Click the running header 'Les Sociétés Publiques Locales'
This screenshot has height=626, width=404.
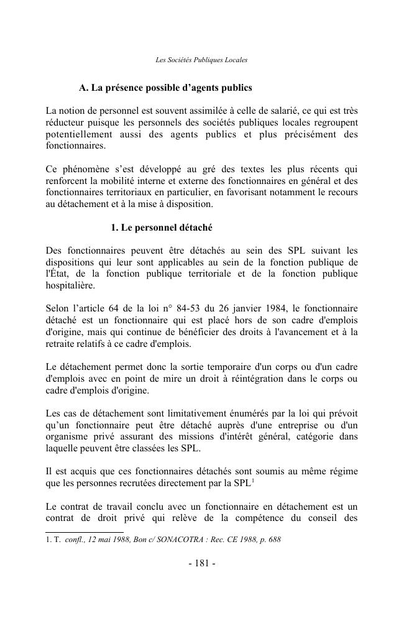(x=201, y=60)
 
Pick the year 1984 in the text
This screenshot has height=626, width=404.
(x=284, y=308)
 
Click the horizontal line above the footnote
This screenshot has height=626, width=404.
(x=84, y=532)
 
